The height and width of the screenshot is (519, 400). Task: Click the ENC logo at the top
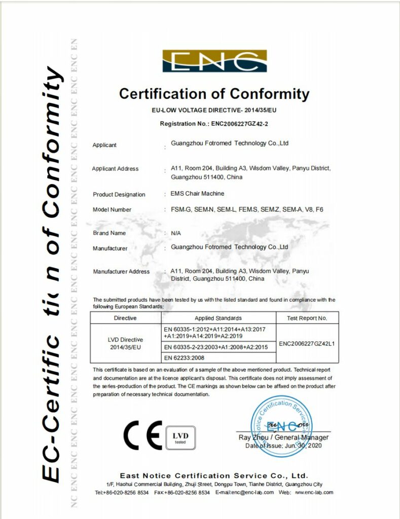214,61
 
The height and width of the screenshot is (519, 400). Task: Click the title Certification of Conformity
214,94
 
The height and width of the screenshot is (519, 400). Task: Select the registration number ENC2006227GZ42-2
239,124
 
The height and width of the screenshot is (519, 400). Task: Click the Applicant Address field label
115,169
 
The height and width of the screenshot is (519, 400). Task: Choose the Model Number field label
112,209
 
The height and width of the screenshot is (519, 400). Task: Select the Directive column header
125,318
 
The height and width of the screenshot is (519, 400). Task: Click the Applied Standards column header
219,318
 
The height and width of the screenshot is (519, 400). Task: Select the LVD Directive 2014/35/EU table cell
125,344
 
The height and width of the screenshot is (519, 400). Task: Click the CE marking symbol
142,435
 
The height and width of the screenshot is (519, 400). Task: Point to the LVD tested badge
180,437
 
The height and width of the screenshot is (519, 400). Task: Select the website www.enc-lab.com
314,492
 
